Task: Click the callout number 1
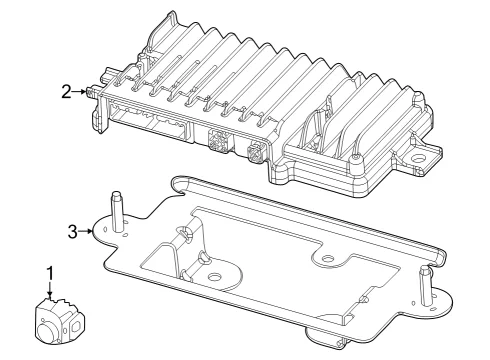50,274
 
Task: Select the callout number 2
66,92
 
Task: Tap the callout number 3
72,232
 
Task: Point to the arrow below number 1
50,289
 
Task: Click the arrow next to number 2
79,91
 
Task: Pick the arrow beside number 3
85,231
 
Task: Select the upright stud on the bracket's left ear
116,211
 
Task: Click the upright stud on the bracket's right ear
426,285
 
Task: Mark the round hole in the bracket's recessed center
214,276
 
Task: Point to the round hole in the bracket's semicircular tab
328,258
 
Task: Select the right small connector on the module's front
255,152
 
